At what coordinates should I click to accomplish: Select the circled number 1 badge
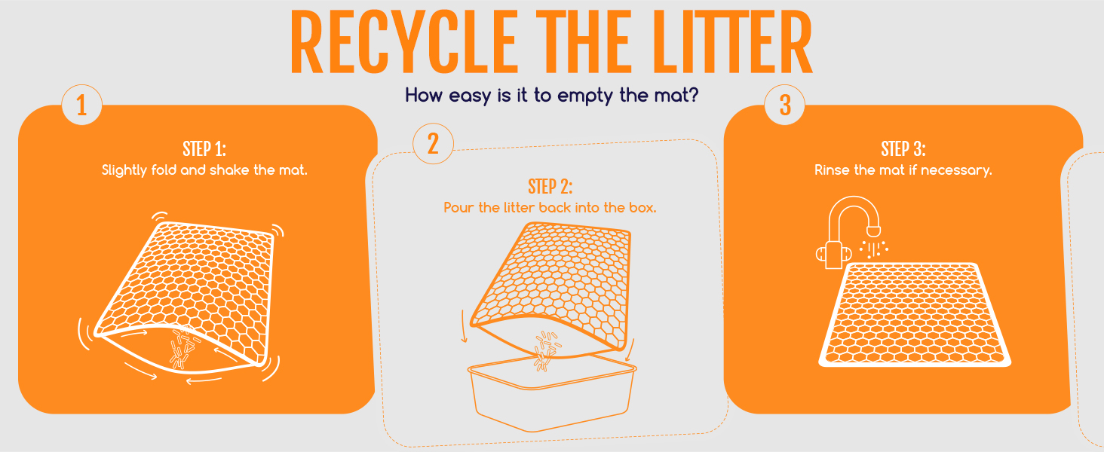81,105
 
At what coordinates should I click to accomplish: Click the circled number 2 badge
433,144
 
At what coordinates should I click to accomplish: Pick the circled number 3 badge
784,105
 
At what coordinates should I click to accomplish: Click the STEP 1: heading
204,148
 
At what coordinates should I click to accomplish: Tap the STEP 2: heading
550,187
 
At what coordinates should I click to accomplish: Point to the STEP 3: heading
903,148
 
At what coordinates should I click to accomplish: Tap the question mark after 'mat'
694,94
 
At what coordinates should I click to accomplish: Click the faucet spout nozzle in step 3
874,231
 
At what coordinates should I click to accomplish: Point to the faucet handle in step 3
833,254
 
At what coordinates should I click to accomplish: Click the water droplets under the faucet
873,249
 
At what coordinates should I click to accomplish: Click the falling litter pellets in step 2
545,350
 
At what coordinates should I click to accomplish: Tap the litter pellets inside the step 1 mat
182,347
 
